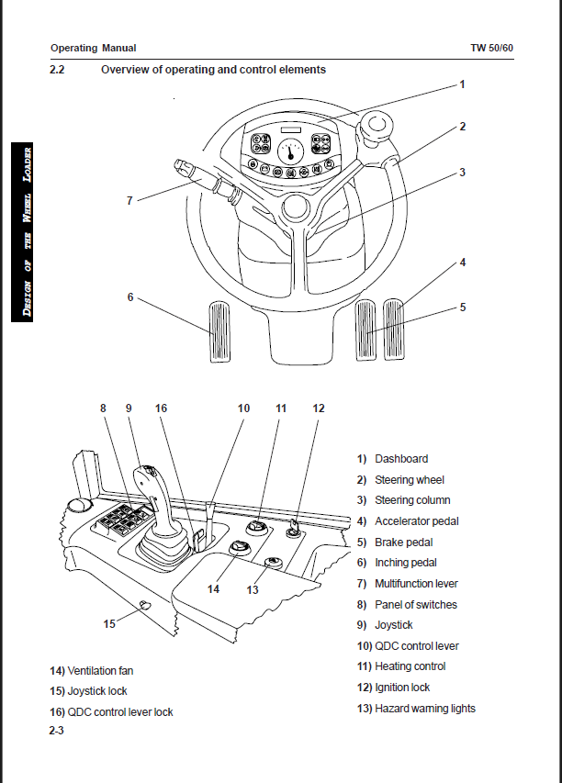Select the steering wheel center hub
coord(296,209)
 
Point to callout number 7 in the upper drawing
coord(129,199)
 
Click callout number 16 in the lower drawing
coord(161,408)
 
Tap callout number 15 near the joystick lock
coord(109,624)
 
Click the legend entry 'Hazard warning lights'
coord(416,708)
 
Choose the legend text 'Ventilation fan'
coord(92,671)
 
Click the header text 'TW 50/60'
coord(491,48)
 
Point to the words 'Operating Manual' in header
coord(93,48)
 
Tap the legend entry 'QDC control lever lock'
coord(111,712)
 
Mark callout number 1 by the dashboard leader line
coord(462,84)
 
